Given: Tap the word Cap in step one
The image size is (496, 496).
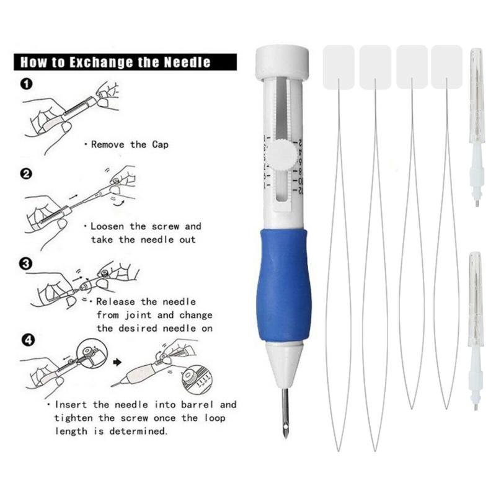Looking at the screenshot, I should (x=158, y=144).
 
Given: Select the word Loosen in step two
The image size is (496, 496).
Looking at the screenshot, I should (x=111, y=227).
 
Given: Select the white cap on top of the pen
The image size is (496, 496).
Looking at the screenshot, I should (x=283, y=63).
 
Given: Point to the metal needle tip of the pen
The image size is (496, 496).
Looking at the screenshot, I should (x=285, y=412).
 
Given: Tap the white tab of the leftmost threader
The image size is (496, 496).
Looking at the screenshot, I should (x=339, y=64).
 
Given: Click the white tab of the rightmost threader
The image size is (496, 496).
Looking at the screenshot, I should (x=446, y=64).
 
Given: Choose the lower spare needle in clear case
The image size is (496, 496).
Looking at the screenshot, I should (x=476, y=329).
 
